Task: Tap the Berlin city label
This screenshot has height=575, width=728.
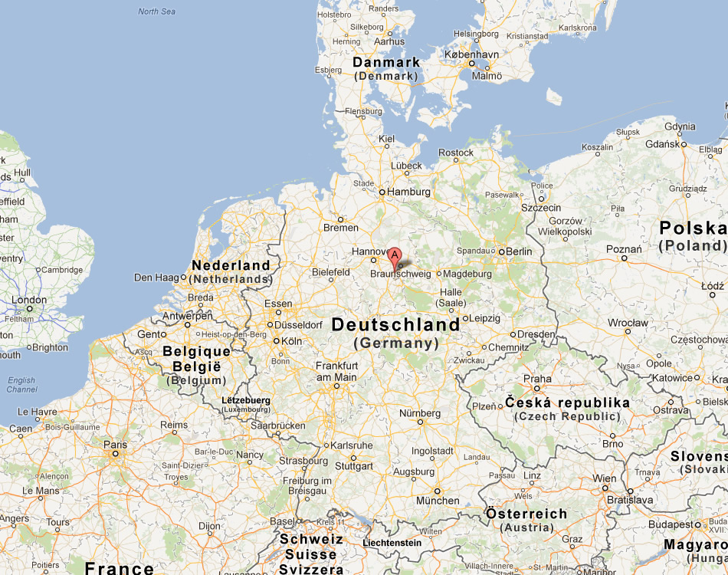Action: pos(519,251)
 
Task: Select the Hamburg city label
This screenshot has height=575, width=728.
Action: pos(409,192)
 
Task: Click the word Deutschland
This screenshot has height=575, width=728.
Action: pos(395,324)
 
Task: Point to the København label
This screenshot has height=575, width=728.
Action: pos(476,54)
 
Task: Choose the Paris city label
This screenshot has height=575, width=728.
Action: pos(115,445)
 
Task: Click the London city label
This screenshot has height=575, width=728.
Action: pos(29,300)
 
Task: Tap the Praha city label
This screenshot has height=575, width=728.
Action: pos(537,378)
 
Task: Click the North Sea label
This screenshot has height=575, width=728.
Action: pos(157,11)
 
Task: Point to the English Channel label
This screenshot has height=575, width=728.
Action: pos(21,385)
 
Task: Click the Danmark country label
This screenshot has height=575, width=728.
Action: pos(386,62)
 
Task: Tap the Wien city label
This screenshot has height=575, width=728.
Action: pos(604,478)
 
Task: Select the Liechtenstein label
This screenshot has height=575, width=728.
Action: pos(392,543)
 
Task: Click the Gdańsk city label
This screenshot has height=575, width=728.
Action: pos(662,143)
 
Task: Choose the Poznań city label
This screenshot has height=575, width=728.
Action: pos(624,248)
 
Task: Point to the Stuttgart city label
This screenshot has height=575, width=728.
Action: pos(353,465)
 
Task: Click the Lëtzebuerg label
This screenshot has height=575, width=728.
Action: pos(245,400)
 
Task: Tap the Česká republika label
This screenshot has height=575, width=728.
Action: pos(567,402)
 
